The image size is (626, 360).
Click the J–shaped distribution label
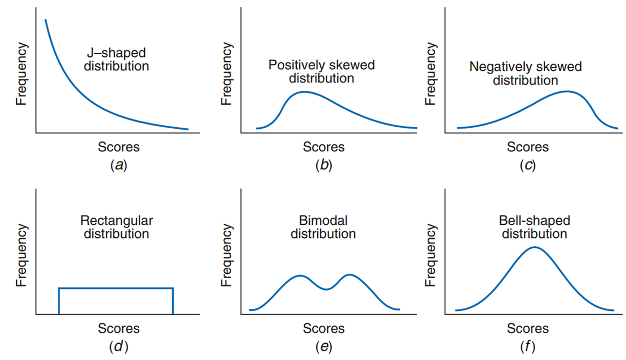pyautogui.click(x=116, y=59)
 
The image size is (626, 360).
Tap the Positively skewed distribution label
pyautogui.click(x=321, y=72)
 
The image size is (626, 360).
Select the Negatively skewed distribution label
pyautogui.click(x=525, y=74)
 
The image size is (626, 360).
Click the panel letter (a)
pyautogui.click(x=118, y=165)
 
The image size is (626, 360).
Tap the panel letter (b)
pyautogui.click(x=323, y=165)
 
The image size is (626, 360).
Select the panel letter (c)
pyautogui.click(x=528, y=165)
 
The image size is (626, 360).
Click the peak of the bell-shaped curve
pyautogui.click(x=535, y=247)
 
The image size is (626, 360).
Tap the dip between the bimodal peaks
pyautogui.click(x=326, y=289)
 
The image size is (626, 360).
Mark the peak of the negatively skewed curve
pyautogui.click(x=567, y=91)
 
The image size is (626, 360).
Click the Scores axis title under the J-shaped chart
pyautogui.click(x=118, y=147)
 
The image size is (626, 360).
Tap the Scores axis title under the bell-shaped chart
pyautogui.click(x=528, y=328)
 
